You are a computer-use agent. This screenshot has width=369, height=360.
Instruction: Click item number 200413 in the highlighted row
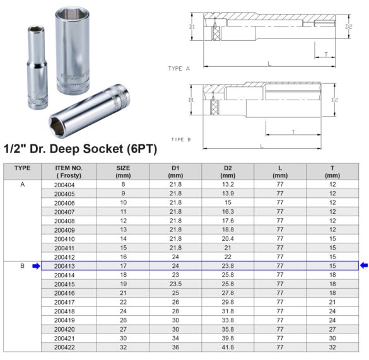point(64,267)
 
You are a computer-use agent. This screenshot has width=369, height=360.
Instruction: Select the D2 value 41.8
point(227,347)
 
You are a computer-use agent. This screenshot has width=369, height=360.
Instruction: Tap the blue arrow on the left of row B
point(36,267)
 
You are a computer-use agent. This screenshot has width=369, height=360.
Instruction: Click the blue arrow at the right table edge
point(364,266)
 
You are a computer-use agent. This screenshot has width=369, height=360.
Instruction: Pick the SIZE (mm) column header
point(123,171)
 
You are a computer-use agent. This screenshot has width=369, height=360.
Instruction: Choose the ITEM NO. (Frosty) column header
point(64,171)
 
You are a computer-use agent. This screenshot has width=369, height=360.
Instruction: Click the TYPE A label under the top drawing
point(179,67)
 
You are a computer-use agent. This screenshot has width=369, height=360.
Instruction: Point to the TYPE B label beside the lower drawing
point(180,139)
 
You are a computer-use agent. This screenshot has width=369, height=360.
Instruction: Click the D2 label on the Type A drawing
point(349,27)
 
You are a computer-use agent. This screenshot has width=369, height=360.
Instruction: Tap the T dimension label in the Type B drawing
point(293,132)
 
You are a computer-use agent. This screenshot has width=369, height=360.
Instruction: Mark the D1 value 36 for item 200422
point(175,347)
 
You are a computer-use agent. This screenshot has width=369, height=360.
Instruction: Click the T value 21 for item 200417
point(332,302)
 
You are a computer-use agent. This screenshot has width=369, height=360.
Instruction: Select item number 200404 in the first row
point(64,185)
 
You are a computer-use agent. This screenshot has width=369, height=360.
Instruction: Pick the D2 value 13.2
point(227,185)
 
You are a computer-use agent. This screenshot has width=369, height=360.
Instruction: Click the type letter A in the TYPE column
point(22,185)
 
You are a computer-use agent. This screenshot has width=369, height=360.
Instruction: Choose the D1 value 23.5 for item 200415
point(175,284)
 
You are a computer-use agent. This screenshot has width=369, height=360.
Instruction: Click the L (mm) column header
point(279,171)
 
